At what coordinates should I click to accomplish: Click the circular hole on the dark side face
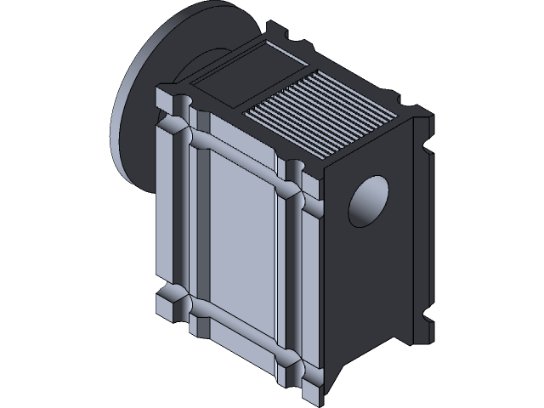(x=369, y=202)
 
